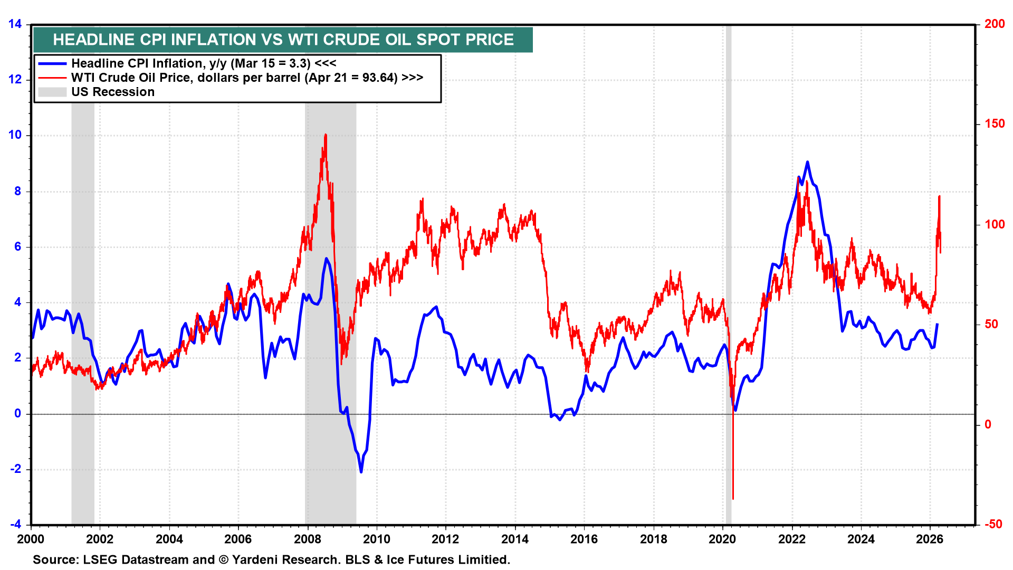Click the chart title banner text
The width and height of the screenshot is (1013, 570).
[x=283, y=40]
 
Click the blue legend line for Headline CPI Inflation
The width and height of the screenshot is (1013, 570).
[x=52, y=64]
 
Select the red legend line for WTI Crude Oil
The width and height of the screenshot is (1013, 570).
[x=52, y=78]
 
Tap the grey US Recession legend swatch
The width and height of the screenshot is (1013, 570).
[x=52, y=92]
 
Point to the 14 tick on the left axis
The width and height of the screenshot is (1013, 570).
[x=15, y=24]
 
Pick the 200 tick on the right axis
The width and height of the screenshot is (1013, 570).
[x=995, y=24]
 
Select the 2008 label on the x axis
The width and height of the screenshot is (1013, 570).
[x=308, y=539]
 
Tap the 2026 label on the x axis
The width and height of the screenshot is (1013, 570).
[x=930, y=539]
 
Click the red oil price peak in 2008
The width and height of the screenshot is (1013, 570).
[x=326, y=136]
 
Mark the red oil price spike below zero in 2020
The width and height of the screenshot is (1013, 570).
[x=733, y=497]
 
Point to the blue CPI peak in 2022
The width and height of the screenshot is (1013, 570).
[x=807, y=163]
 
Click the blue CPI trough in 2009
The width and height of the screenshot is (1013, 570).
[x=361, y=471]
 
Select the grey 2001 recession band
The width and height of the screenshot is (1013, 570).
[x=83, y=317]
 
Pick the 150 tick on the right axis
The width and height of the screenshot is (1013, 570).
[x=995, y=124]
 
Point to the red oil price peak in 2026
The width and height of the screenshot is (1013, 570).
[x=939, y=197]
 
